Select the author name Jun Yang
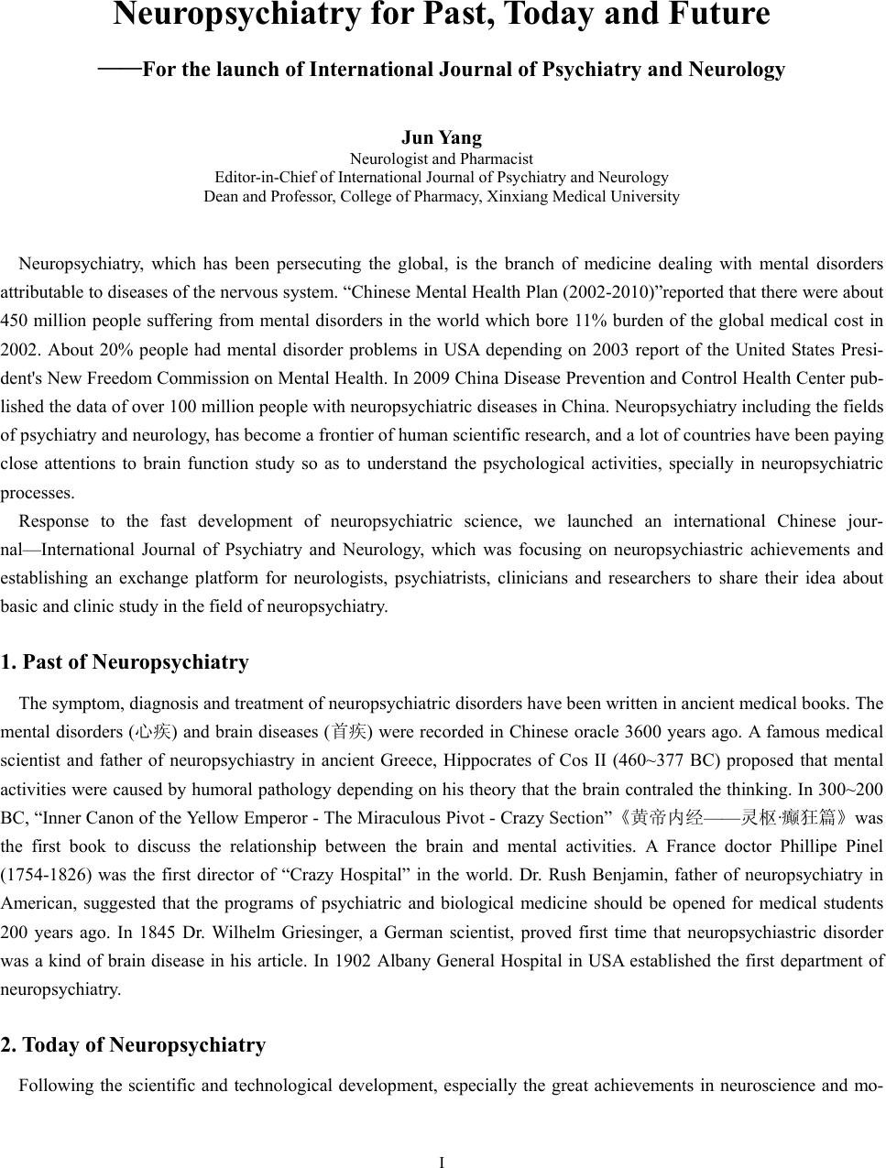tap(442, 138)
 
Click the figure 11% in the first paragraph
tap(598, 321)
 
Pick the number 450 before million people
tap(15, 321)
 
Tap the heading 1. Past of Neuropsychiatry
tap(125, 662)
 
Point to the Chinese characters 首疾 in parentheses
tap(349, 732)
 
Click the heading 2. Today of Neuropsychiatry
tap(134, 1045)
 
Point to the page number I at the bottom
tap(442, 1162)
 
